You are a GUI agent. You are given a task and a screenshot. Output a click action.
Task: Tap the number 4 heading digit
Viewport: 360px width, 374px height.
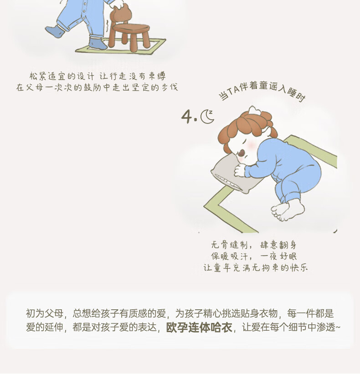point(187,117)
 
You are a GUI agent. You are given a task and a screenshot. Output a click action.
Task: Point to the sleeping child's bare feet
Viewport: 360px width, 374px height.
point(288,210)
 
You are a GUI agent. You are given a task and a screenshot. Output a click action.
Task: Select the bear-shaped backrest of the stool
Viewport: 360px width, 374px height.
point(121,14)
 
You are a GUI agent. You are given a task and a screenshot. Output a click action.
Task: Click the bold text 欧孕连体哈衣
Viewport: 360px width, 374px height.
point(199,328)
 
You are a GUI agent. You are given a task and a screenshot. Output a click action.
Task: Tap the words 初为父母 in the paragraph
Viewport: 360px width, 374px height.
point(44,313)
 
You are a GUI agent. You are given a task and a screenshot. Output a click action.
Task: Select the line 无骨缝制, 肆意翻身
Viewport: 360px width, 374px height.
point(254,245)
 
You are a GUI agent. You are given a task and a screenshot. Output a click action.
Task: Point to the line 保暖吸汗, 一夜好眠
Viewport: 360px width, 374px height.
point(254,256)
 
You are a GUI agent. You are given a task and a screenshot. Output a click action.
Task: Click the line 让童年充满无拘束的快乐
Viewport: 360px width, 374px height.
point(256,267)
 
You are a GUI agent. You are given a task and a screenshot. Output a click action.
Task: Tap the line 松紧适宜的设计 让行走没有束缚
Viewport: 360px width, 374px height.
point(98,76)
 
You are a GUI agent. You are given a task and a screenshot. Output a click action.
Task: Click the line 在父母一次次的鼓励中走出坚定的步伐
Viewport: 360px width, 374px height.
point(97,87)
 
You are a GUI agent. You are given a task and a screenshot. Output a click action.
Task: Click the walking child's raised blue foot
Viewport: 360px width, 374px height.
point(55,31)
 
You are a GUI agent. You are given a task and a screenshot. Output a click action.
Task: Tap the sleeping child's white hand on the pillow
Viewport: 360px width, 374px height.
point(240,170)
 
